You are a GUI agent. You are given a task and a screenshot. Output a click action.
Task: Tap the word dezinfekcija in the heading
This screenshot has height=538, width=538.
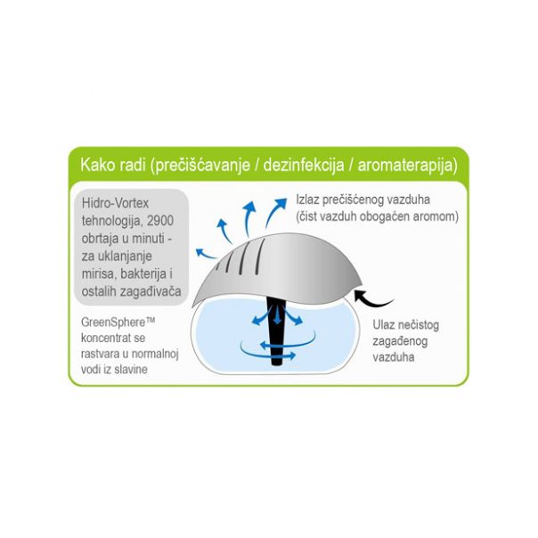point(304,166)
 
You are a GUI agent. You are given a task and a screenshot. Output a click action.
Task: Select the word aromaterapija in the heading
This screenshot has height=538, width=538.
point(408,166)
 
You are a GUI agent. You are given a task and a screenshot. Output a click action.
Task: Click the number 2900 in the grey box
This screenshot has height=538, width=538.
point(160,221)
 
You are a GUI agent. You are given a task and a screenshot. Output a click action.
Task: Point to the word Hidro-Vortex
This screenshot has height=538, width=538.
point(115,203)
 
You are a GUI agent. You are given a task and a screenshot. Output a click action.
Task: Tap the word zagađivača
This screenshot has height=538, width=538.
point(150,292)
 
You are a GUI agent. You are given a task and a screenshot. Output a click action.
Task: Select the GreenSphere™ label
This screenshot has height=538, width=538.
point(118,322)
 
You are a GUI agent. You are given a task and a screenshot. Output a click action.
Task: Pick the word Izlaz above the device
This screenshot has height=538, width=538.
point(308,200)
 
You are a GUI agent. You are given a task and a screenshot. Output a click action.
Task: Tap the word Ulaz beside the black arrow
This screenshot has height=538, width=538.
point(384,325)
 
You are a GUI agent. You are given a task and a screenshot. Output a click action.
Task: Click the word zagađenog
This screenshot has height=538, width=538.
point(400,342)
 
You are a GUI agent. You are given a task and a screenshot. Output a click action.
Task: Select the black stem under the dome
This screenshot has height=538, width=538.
point(276,331)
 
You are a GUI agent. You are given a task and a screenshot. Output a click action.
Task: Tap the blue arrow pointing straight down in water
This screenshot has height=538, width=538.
point(277,315)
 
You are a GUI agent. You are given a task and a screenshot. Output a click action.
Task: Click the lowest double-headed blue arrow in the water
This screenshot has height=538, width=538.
point(277,355)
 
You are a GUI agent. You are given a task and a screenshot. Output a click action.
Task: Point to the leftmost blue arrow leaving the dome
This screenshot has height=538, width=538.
point(205,254)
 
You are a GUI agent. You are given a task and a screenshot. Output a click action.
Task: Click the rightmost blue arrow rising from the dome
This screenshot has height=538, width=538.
point(275,211)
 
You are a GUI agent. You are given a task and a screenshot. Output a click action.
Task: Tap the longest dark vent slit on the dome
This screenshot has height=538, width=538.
point(260,257)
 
